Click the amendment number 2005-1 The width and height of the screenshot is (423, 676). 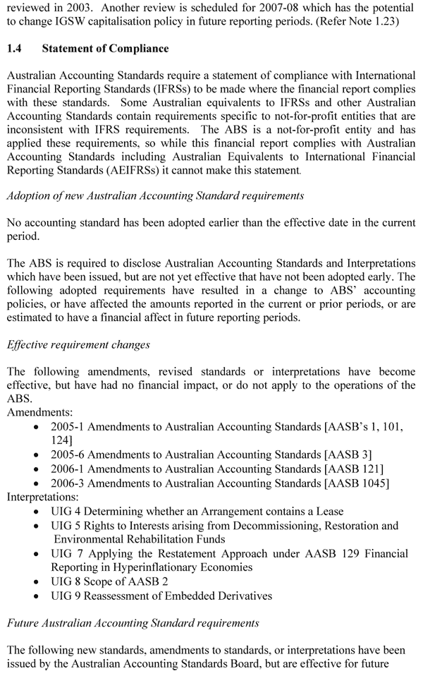(67, 426)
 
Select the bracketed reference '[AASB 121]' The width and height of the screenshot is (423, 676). (350, 469)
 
